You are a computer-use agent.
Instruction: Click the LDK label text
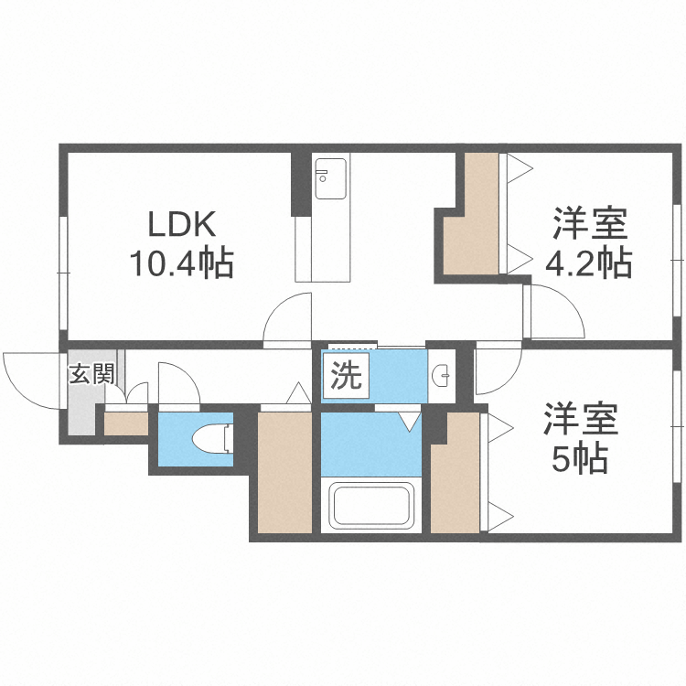[182, 224]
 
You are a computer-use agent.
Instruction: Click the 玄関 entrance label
[91, 373]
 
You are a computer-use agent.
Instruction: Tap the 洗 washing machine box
[345, 376]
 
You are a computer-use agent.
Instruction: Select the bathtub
[370, 506]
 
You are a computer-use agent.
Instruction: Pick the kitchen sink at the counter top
[330, 178]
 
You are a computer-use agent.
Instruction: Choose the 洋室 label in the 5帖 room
[581, 420]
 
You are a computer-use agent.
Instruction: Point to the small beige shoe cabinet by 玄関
[125, 423]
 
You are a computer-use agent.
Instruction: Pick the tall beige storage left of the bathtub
[284, 472]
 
